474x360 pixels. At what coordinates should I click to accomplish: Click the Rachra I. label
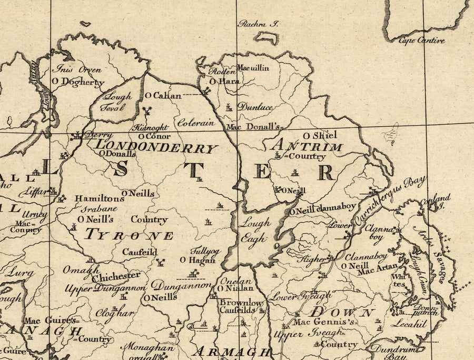(x=258, y=24)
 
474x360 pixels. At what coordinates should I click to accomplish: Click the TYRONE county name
(x=129, y=235)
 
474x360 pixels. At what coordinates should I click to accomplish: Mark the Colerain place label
(x=195, y=123)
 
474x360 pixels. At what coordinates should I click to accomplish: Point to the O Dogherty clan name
(x=78, y=82)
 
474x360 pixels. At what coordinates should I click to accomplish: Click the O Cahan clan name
(x=163, y=96)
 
